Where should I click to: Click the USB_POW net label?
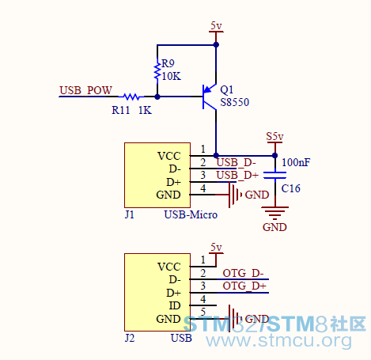[x=85, y=90]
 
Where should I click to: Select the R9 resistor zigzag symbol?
[x=157, y=71]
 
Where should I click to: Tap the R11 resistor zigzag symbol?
[x=131, y=97]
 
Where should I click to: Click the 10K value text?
[x=172, y=77]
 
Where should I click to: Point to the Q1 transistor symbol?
[x=210, y=97]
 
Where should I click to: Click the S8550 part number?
[x=234, y=102]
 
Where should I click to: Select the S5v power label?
[x=274, y=137]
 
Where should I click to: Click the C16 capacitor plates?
[x=274, y=176]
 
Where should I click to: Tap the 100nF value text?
[x=296, y=162]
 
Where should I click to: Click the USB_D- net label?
[x=236, y=163]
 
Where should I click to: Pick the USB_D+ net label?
[x=237, y=175]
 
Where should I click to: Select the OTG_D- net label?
[x=243, y=273]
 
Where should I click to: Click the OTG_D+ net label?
[x=244, y=286]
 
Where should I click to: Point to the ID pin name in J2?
[x=175, y=306]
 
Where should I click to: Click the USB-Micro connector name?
[x=191, y=214]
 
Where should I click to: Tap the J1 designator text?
[x=130, y=214]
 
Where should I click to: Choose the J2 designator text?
[x=130, y=338]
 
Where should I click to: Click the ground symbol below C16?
[x=274, y=213]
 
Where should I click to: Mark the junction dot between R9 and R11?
[x=157, y=97]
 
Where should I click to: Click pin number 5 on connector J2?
[x=203, y=312]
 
